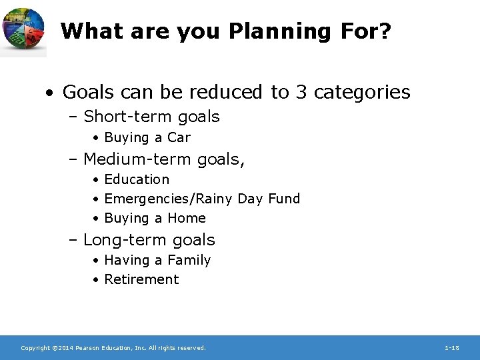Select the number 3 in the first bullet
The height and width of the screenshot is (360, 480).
(301, 92)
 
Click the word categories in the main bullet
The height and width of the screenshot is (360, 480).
(362, 93)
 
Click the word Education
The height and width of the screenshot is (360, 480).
(137, 179)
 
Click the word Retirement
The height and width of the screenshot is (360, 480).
(141, 279)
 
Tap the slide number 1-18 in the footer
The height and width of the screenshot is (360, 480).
(451, 348)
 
